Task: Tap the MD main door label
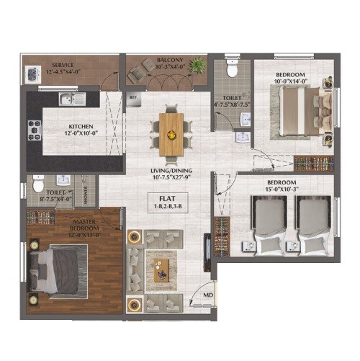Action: (x=207, y=295)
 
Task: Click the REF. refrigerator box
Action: (x=133, y=97)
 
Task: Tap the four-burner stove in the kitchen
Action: (x=34, y=130)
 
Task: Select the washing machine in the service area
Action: (x=32, y=73)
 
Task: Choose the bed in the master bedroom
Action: (x=59, y=268)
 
